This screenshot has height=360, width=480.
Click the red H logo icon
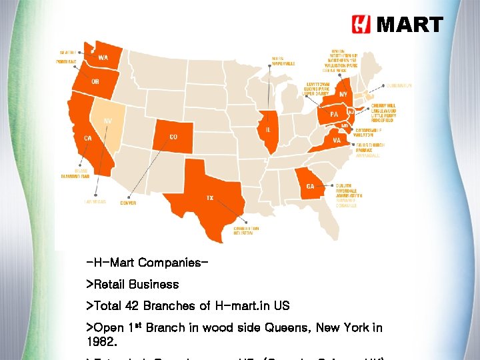click(361, 25)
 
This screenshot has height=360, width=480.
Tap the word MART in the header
click(409, 25)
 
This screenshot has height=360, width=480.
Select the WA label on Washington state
click(103, 57)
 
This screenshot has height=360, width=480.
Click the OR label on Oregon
click(95, 82)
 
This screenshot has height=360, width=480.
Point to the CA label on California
click(87, 138)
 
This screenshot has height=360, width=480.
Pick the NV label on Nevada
click(107, 121)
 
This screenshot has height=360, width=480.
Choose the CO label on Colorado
click(173, 137)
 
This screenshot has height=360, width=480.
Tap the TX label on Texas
click(209, 198)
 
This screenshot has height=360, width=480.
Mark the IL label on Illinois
click(267, 129)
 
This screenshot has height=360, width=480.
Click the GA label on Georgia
click(310, 187)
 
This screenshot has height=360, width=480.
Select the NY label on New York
click(343, 95)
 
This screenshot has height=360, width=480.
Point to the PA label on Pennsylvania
click(334, 114)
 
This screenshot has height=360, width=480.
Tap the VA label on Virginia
click(337, 141)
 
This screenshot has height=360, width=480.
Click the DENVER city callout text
click(128, 203)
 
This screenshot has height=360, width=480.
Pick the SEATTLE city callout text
click(67, 52)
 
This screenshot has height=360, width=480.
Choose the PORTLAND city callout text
click(66, 61)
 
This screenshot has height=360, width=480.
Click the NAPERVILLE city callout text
click(283, 63)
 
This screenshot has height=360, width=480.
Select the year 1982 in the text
click(101, 341)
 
